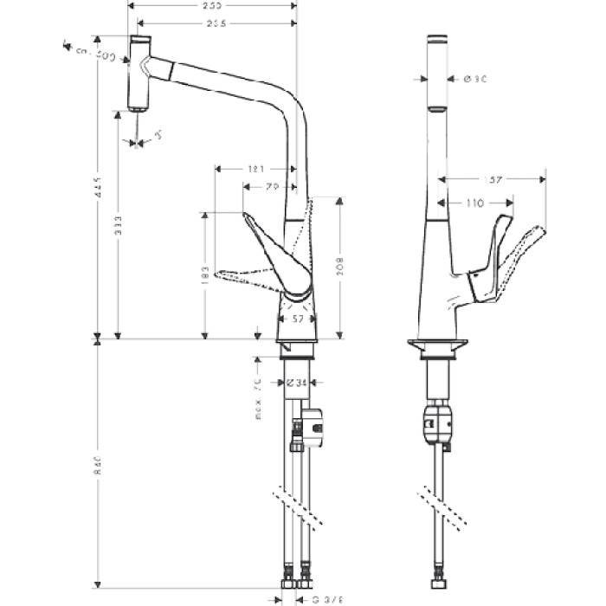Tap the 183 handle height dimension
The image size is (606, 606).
pos(203,276)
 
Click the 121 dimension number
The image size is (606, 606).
pos(255,170)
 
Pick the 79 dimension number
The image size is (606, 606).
pos(271,186)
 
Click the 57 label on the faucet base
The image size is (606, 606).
pos(299,319)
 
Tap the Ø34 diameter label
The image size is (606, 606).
pos(300,382)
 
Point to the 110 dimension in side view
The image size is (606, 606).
pos(473,203)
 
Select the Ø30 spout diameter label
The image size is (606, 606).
pos(474,79)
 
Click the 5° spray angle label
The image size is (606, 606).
pos(158,135)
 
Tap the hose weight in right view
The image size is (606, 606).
pos(437,423)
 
